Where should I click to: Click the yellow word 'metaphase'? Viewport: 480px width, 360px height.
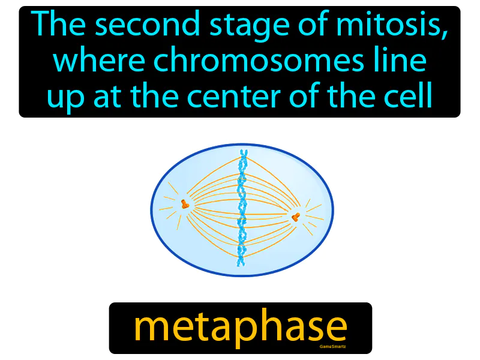[x=240, y=327]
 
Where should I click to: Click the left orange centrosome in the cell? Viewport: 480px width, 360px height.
[x=185, y=205]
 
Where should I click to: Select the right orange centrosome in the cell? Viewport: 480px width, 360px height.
[x=295, y=217]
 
